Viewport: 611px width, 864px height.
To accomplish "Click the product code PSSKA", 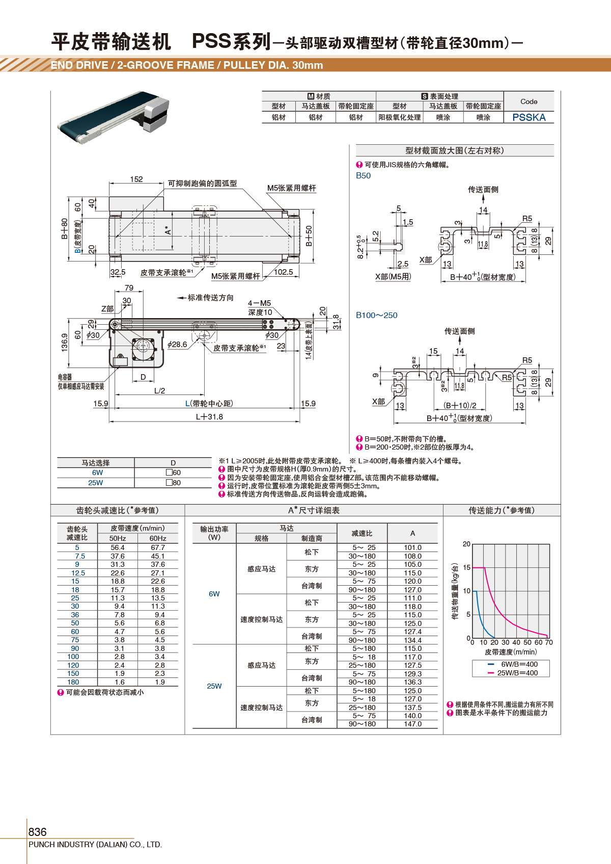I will pos(529,117).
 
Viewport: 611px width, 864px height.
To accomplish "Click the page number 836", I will pos(37,832).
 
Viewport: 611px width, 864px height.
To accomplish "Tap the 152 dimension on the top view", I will pos(136,179).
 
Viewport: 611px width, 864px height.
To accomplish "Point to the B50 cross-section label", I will pos(363,175).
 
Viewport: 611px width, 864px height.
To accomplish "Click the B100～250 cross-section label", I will pos(376,315).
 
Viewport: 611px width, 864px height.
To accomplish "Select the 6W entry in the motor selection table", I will pos(97,473).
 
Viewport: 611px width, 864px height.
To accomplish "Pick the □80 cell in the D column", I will pos(173,482).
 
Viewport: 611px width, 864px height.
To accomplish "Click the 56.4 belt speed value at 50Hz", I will pos(118,547).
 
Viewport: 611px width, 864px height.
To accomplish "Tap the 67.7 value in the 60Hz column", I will pos(158,547).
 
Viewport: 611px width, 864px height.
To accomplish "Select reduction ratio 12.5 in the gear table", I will pos(78,573).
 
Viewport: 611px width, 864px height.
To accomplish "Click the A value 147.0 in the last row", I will pos(412,724).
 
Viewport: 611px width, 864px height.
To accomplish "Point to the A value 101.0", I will pos(412,547).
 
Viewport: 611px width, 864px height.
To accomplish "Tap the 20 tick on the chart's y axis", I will pos(466,544).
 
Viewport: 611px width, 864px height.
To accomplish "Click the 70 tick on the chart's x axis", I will pos(549,642).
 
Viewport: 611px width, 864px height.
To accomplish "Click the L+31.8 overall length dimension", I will pos(209,416).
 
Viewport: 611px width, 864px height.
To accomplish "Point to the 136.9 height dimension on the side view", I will pos(65,342).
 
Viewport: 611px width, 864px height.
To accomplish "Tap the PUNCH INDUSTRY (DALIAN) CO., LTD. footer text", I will pos(95,845).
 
